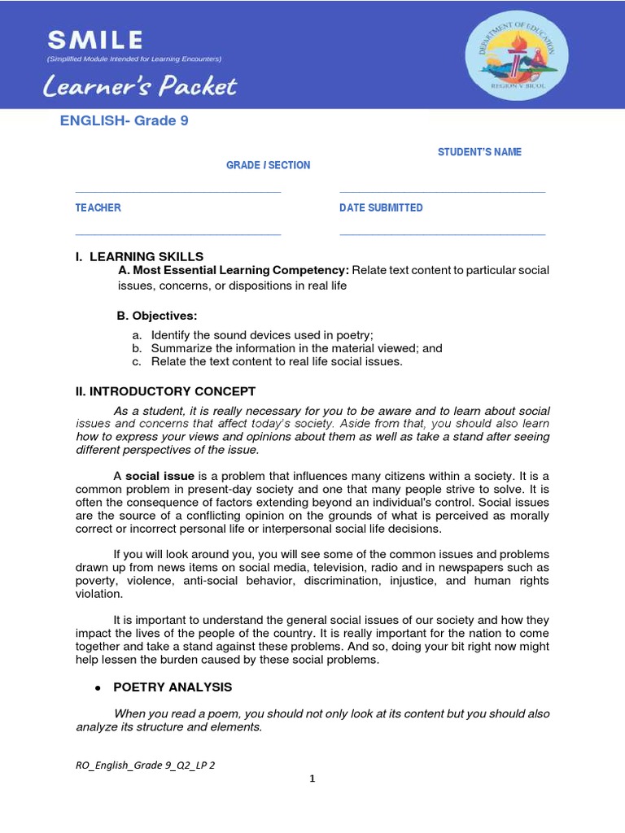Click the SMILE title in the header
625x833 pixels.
coord(95,39)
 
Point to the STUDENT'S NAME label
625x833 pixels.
coord(479,152)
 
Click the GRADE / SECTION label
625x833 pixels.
coord(268,165)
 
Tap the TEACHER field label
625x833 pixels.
coord(98,208)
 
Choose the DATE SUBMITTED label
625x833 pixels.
coord(381,208)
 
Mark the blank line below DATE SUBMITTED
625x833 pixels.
coord(442,234)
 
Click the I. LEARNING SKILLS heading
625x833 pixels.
coord(139,257)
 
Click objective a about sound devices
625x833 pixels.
coord(252,335)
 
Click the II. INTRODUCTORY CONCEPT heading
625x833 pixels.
coord(165,391)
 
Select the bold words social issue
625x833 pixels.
coord(160,476)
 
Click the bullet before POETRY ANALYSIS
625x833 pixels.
coord(98,687)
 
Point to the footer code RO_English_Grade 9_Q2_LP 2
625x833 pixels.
coord(145,765)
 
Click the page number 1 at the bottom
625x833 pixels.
coord(312,778)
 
